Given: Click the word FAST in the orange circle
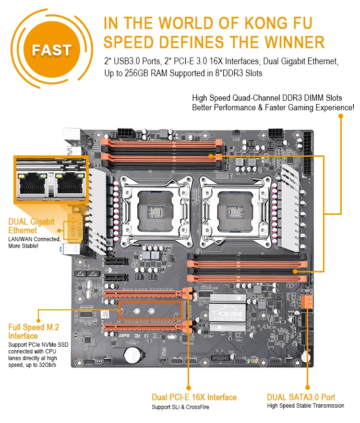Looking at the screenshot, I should [x=51, y=50].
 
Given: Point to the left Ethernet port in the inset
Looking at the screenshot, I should [x=33, y=185].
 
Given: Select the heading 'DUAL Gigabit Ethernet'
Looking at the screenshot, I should [x=31, y=226].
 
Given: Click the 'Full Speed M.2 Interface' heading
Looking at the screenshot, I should [x=34, y=331].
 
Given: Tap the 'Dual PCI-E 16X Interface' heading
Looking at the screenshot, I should [x=194, y=397].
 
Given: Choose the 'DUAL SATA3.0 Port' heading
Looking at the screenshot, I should [x=301, y=397].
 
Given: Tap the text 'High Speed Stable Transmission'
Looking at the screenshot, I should [x=305, y=406].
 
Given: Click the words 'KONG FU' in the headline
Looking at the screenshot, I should [x=288, y=23].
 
